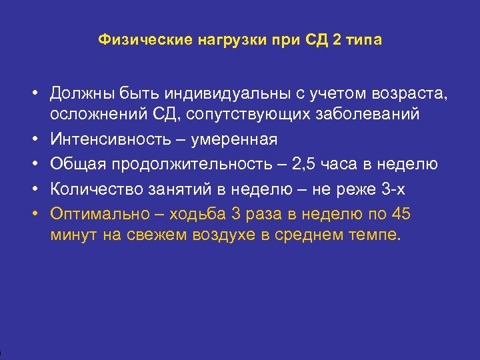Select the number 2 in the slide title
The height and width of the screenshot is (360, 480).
click(339, 40)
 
